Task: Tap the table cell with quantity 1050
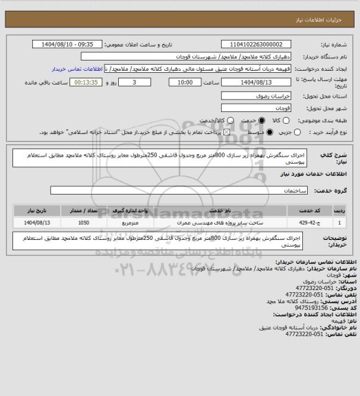coord(84,223)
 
